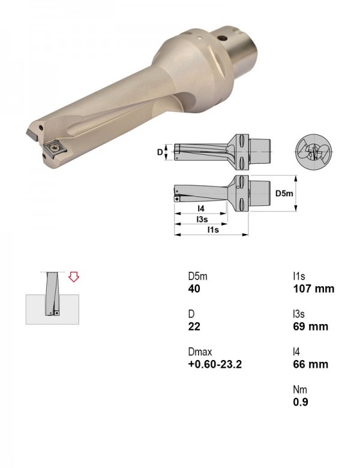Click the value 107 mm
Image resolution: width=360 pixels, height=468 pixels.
[313, 289]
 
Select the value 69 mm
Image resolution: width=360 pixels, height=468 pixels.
[310, 326]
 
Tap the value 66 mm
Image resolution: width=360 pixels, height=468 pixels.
[310, 364]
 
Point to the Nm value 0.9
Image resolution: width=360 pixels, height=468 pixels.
[300, 402]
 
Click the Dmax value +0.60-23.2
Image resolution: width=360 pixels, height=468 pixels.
[215, 364]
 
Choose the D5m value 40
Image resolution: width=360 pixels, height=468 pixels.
[194, 289]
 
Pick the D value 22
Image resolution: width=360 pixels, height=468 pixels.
[194, 326]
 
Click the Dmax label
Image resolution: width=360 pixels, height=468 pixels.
[200, 352]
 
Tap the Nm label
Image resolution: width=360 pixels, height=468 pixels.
[300, 389]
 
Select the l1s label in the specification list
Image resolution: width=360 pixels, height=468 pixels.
[299, 277]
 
